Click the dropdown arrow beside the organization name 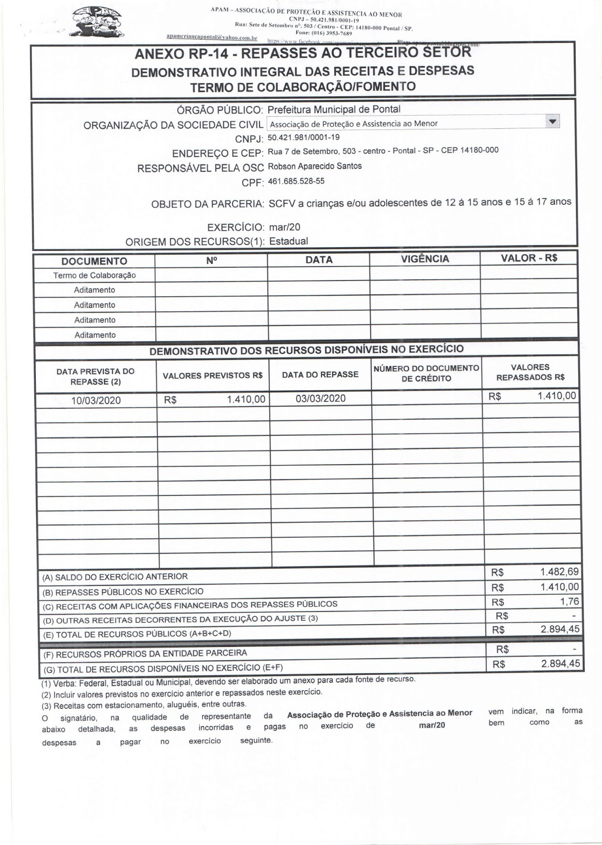tap(552, 122)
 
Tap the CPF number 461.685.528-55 tap(296, 181)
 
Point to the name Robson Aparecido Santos tap(315, 166)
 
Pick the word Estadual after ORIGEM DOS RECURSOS tap(288, 241)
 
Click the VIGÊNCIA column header tap(425, 259)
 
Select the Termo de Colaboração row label tap(95, 275)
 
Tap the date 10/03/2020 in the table tap(96, 400)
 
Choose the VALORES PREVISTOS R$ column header tap(212, 375)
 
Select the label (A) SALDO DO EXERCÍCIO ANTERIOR tap(115, 577)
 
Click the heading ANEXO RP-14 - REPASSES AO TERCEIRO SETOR tap(303, 54)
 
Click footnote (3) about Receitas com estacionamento tap(144, 704)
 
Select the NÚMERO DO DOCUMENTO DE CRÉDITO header tap(426, 373)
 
